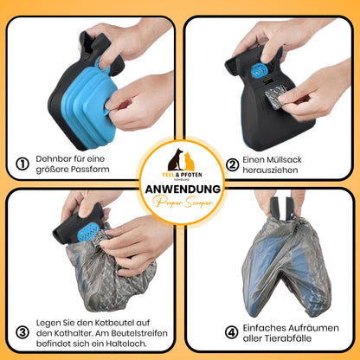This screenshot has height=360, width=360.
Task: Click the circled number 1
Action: [x=23, y=163]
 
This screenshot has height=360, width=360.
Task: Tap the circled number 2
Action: [x=234, y=163]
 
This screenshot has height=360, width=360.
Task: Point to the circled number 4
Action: [x=233, y=331]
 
